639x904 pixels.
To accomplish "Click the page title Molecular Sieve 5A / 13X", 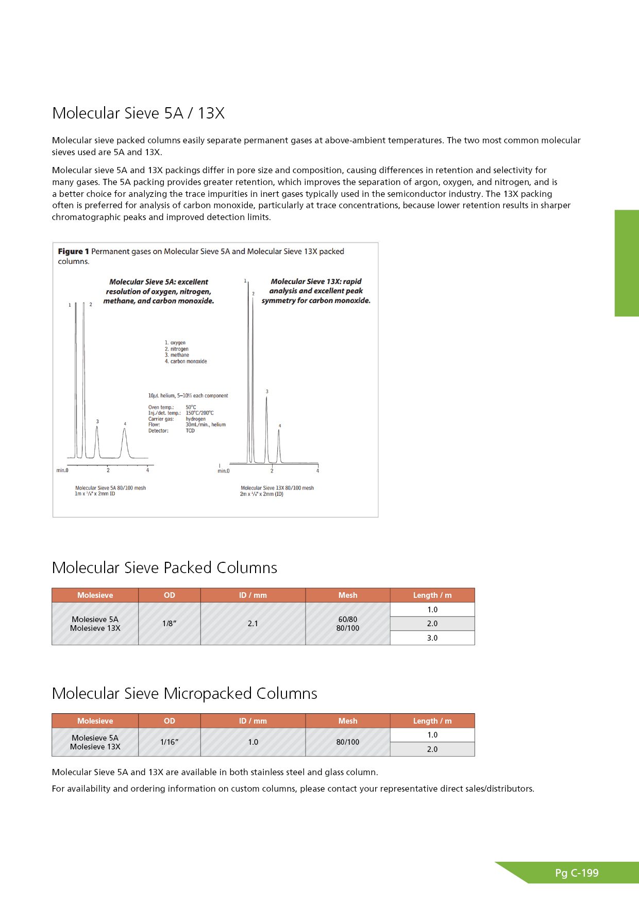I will click(138, 113).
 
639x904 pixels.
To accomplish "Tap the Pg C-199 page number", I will click(577, 873).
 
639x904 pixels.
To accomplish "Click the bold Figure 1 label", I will click(73, 252).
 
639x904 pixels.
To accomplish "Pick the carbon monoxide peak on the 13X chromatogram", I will click(279, 438).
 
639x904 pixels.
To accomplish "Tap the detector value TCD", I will click(190, 431).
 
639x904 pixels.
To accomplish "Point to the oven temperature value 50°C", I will click(191, 407).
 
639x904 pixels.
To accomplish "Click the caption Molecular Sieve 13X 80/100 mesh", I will click(277, 488).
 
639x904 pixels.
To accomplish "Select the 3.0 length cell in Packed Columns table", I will click(432, 638).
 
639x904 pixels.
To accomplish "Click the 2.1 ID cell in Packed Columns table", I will click(253, 624).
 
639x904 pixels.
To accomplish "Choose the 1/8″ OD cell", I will click(169, 624).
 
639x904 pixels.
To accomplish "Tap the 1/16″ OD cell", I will click(169, 742).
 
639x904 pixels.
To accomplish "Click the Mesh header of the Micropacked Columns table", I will click(348, 721).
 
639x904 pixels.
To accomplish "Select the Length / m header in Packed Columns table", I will click(432, 595).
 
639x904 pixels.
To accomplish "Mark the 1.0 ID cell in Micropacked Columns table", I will click(253, 742).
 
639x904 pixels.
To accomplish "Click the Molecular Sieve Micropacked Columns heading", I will click(184, 693).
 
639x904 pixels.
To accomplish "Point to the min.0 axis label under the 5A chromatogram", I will click(62, 470).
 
